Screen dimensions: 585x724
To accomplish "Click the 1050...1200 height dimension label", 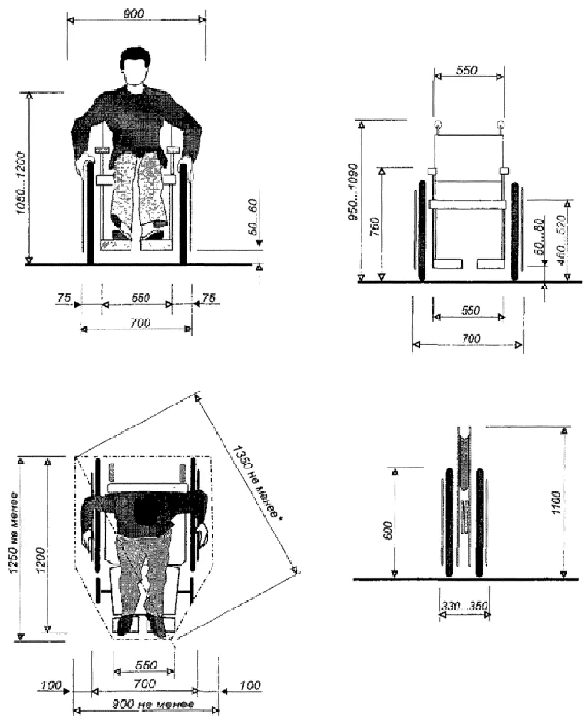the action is (22, 183).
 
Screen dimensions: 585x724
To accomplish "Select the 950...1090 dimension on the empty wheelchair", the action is (352, 191).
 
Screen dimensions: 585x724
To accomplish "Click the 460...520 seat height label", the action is (560, 240).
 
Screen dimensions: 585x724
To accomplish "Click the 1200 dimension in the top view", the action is (41, 560).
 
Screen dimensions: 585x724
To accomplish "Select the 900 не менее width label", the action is (154, 704).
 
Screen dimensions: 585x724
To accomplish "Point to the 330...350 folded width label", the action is (464, 605).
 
